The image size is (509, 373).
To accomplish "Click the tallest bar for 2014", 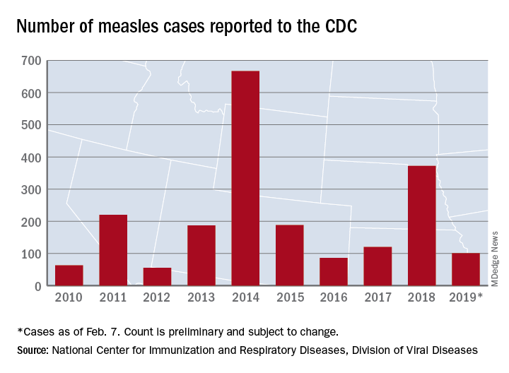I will tap(245, 178).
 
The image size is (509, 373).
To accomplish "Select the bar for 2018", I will tap(422, 225).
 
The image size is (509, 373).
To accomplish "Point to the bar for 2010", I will tap(69, 275).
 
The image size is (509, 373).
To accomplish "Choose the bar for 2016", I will tap(334, 271).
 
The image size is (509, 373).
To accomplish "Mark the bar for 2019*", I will tap(466, 269).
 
